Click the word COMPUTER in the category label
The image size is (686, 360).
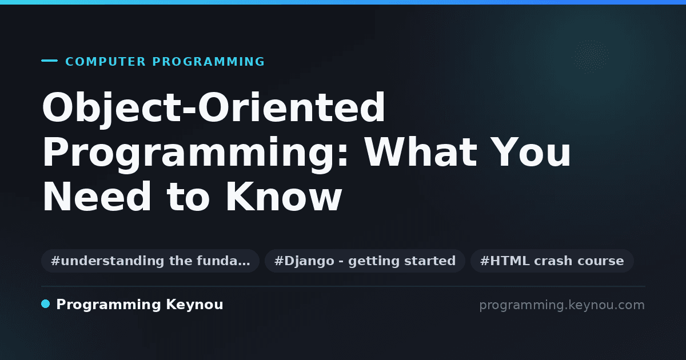point(105,62)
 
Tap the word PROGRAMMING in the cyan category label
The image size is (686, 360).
point(209,62)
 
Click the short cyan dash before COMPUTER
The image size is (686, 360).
point(49,61)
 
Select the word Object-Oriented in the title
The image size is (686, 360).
point(213,109)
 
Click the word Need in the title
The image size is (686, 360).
point(97,196)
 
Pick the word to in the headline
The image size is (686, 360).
point(188,198)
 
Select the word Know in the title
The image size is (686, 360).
point(284,196)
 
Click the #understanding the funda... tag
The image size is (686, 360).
point(150,261)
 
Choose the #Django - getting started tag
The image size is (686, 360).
point(365,261)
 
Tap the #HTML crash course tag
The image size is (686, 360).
point(552,261)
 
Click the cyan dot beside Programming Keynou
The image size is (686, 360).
point(46,304)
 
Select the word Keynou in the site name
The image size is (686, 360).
point(194,305)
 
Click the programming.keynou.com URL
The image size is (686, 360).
point(562,305)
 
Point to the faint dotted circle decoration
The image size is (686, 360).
point(591,57)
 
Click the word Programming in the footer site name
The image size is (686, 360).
point(109,305)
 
